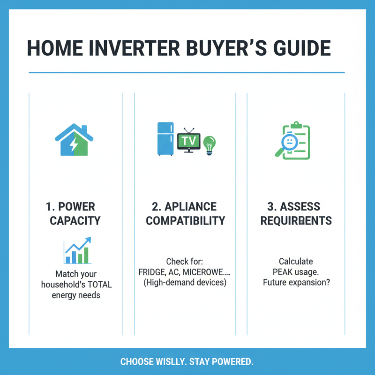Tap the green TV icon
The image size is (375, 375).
[189, 140]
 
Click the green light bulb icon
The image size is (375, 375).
[209, 143]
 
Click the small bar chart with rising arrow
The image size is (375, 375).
[77, 251]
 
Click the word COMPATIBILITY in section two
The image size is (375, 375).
[185, 220]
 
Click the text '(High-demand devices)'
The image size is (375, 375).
[185, 283]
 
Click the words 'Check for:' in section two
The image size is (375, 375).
[185, 261]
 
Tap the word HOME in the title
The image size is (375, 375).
[52, 49]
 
